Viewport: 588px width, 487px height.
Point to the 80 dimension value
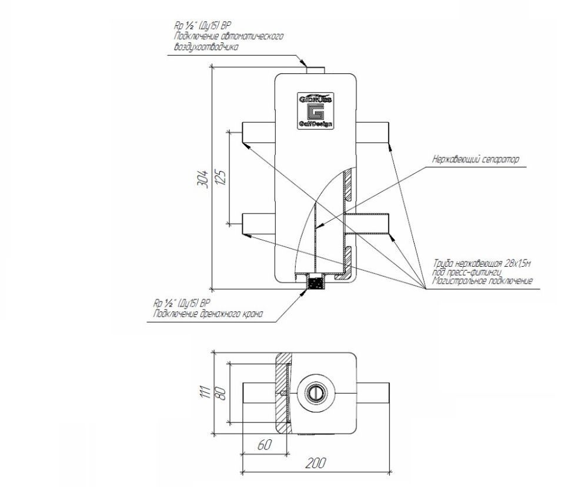(x=222, y=392)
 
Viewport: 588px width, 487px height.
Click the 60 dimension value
(x=265, y=445)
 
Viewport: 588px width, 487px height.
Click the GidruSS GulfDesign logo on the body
(x=315, y=110)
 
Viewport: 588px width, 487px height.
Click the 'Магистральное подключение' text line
(x=482, y=281)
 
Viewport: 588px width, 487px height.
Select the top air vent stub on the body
(x=316, y=69)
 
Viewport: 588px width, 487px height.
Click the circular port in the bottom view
(x=316, y=392)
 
